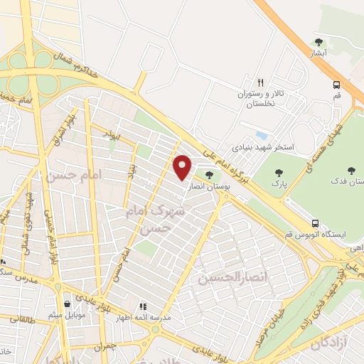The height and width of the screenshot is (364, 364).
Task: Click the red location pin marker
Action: tap(183, 167)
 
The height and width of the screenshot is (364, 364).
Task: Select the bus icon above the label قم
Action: tap(336, 85)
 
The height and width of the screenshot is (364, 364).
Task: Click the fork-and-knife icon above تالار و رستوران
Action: tap(260, 82)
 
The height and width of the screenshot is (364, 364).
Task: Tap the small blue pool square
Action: tap(262, 134)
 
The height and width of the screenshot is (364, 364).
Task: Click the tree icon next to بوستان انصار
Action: tap(208, 173)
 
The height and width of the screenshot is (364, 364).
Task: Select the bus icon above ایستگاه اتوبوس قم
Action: tap(323, 221)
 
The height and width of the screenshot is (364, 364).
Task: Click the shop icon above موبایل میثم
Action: tap(67, 303)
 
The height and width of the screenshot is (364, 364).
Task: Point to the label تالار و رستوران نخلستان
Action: tap(260, 97)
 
